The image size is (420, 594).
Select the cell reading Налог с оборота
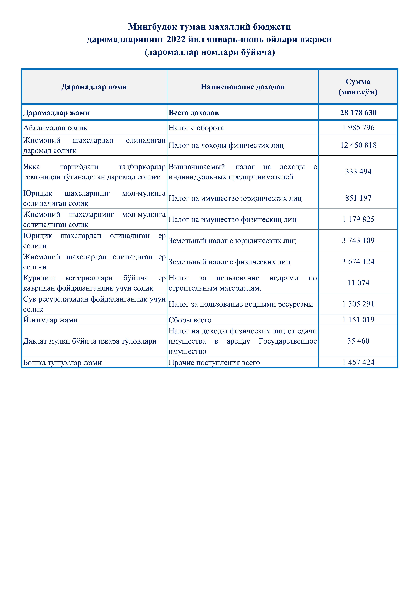tap(196, 128)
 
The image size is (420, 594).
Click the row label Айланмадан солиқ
tap(55, 128)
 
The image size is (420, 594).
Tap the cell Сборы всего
tap(190, 320)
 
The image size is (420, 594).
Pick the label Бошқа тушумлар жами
tap(62, 363)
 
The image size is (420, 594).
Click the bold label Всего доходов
tap(194, 113)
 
